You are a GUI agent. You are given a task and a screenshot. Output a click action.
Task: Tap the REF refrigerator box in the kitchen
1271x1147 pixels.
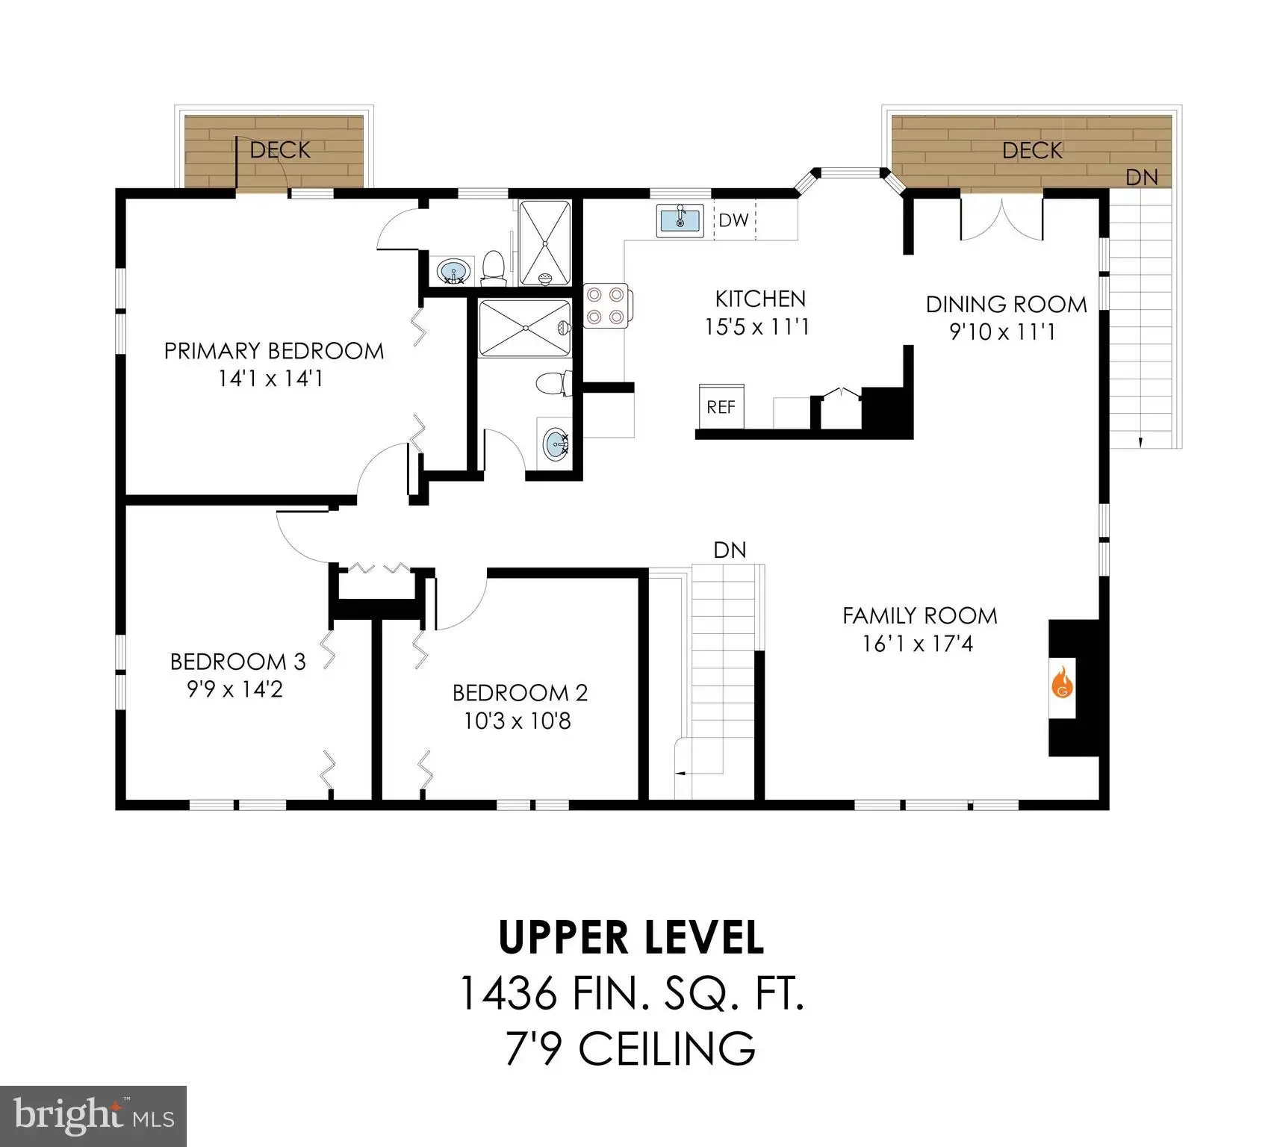[721, 406]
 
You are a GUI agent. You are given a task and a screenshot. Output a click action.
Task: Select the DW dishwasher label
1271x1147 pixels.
[733, 220]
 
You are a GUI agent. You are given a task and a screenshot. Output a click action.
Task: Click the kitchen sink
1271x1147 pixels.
[680, 220]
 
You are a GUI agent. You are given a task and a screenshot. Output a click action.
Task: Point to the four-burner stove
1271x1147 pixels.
[607, 306]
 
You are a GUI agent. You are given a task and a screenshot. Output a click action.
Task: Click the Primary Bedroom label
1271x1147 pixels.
[274, 350]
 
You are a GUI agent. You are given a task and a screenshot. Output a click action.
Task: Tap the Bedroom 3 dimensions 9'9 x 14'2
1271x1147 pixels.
[235, 688]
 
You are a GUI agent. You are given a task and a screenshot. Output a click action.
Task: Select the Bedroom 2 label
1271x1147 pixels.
[520, 693]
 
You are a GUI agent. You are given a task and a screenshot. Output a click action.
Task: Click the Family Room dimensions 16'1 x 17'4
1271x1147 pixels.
[919, 643]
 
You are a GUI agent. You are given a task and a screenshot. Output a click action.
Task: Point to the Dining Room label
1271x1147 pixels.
[1006, 304]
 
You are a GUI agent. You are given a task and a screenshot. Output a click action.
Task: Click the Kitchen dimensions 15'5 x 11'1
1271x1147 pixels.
[757, 326]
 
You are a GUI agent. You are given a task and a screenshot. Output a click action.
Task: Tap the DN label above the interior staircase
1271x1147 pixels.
[730, 550]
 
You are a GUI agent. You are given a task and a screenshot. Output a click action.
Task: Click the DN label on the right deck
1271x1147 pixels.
[1142, 177]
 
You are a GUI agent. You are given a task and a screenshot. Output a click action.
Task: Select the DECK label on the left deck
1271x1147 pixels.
[280, 150]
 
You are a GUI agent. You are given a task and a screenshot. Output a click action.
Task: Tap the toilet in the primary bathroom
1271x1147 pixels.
[492, 269]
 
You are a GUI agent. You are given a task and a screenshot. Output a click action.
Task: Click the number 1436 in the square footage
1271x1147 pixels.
[508, 994]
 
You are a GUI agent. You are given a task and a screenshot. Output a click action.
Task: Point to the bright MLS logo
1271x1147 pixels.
[93, 1116]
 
